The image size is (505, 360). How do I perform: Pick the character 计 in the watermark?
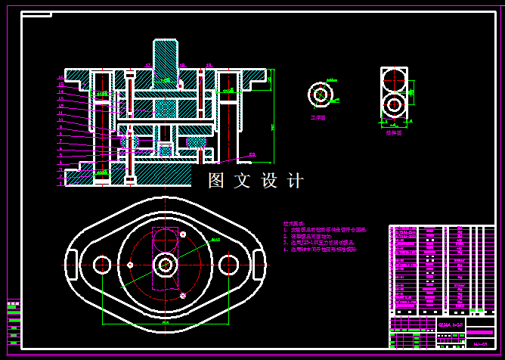click(295, 181)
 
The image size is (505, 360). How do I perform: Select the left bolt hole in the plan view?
click(102, 264)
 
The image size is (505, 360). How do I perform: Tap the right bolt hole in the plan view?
click(229, 264)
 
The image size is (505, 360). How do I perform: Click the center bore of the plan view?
click(166, 264)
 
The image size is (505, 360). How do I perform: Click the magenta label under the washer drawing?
click(318, 119)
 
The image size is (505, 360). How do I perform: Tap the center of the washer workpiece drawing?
click(319, 94)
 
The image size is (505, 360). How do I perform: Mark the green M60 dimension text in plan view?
click(215, 240)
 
